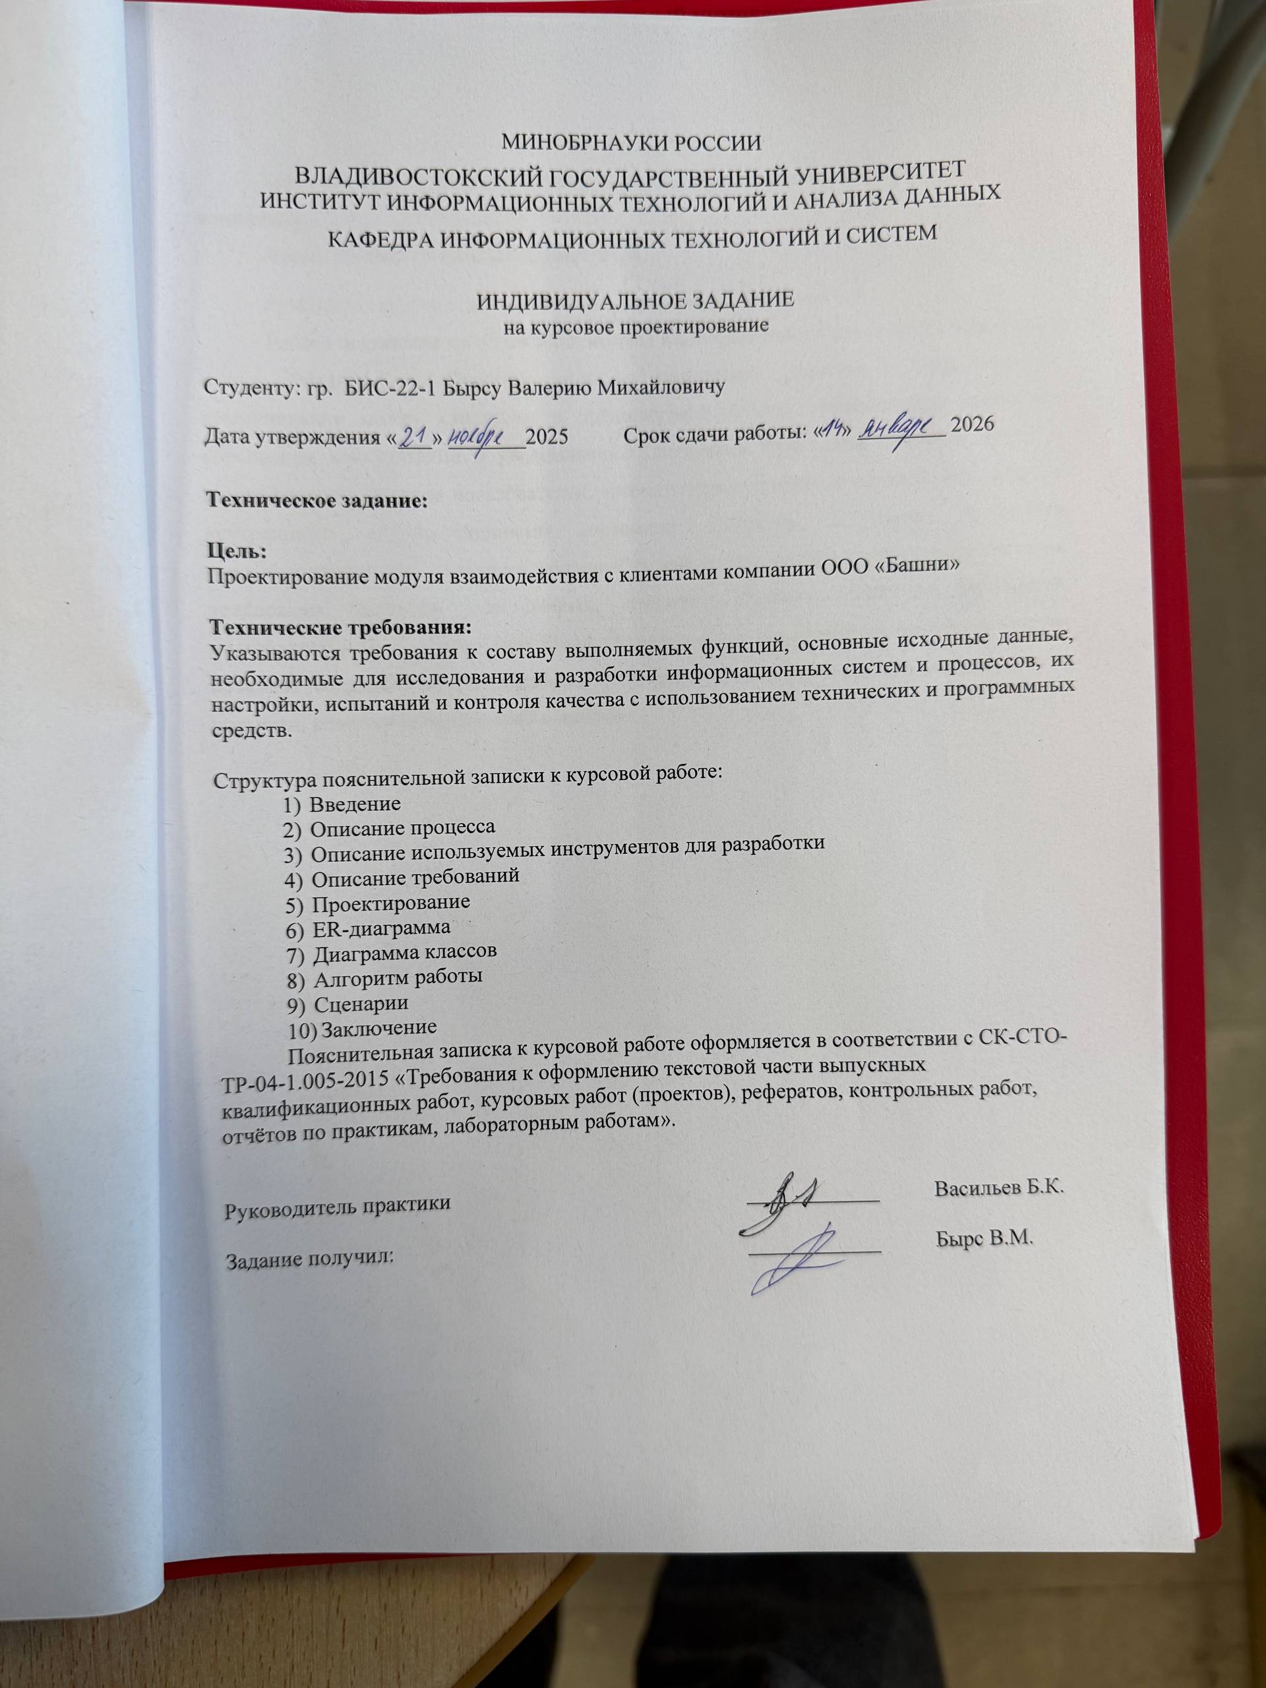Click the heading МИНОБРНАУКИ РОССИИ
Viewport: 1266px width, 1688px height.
point(631,142)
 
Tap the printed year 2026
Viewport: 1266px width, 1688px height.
point(973,425)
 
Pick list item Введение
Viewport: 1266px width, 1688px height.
point(355,804)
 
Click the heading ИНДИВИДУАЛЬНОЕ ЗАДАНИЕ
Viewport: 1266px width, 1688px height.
point(636,301)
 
